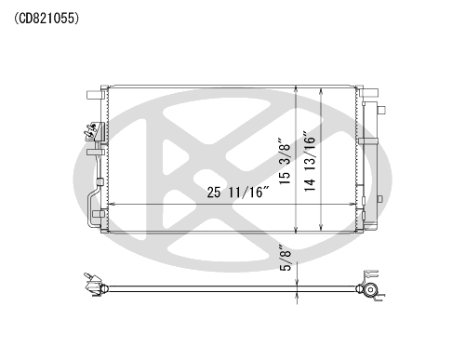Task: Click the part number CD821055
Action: (x=46, y=19)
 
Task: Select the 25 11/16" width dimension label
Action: (x=238, y=193)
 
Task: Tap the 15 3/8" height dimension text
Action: (x=285, y=161)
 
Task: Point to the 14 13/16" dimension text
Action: (x=310, y=161)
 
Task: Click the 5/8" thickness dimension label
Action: (x=286, y=258)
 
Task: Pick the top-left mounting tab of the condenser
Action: (x=94, y=95)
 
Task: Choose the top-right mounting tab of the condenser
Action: (x=370, y=92)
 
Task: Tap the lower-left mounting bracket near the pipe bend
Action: (x=100, y=214)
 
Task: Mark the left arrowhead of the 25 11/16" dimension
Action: (x=111, y=205)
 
